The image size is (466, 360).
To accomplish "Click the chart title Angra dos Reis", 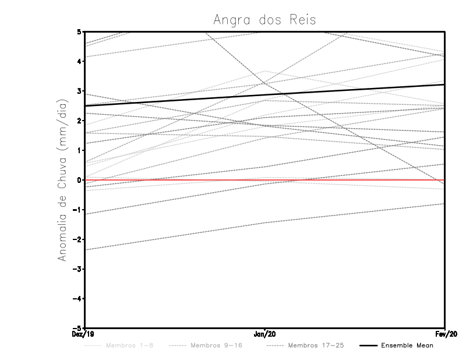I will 264,20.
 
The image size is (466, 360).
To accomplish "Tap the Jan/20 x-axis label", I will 265,334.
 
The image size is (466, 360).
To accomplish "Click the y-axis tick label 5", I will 79,31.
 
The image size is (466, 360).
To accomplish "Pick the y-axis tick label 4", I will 79,61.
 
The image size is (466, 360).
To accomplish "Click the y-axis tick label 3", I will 79,91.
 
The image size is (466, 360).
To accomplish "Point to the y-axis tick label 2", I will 79,121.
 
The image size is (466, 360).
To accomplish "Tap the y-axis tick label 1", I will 79,150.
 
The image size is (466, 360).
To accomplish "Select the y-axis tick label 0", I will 79,180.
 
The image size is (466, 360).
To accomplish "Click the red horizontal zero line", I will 349,180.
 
